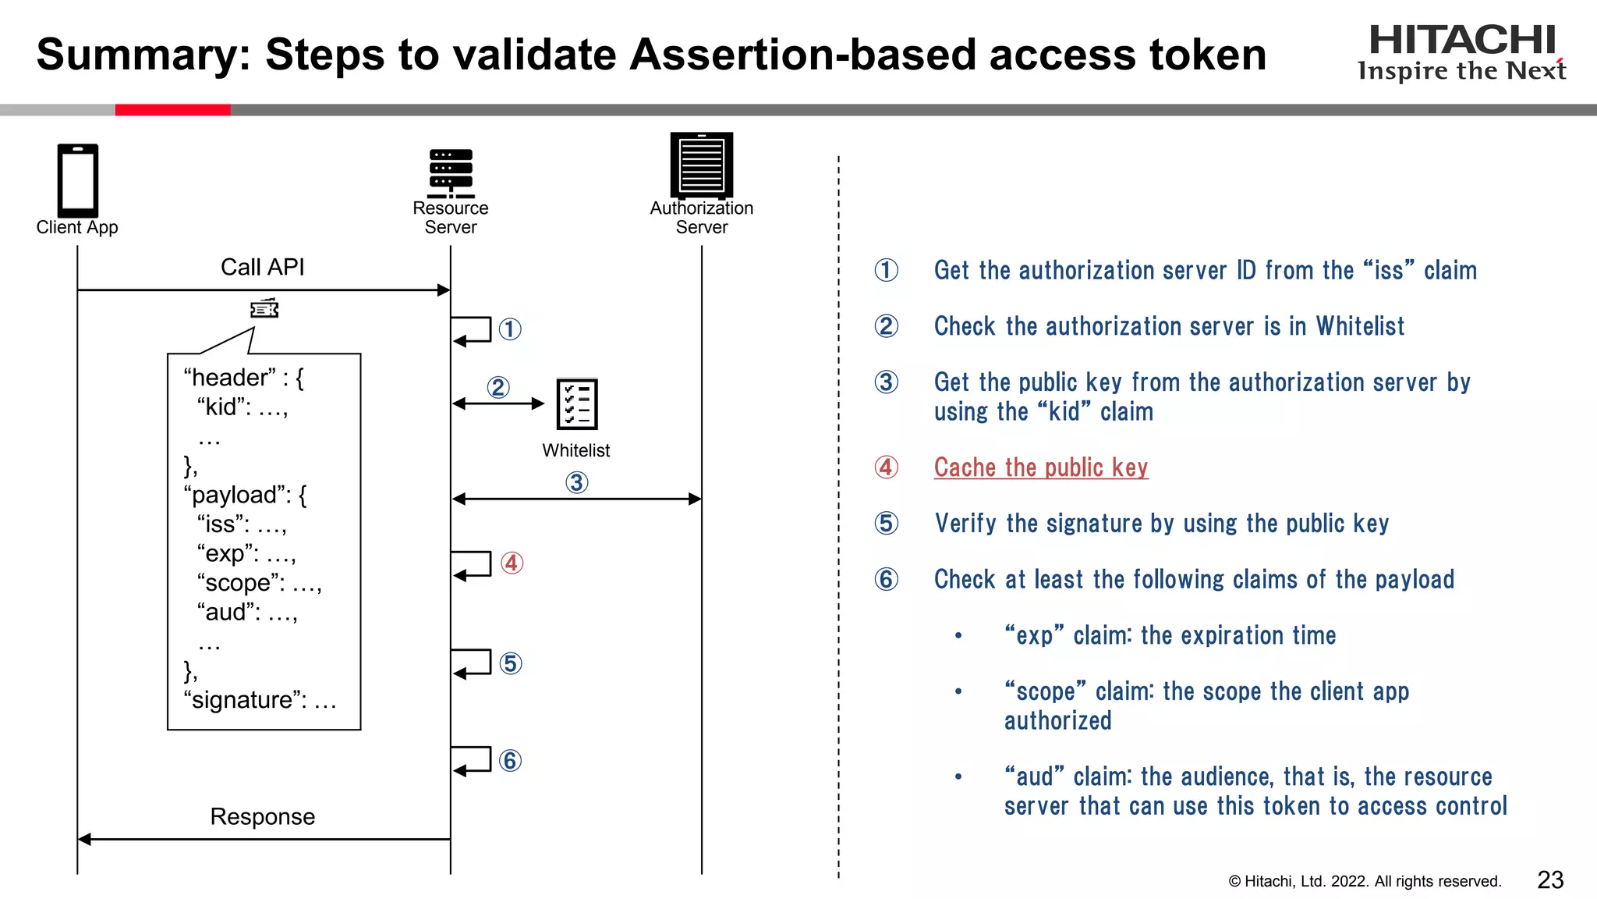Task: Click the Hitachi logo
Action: [x=1461, y=52]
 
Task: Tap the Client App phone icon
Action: [x=77, y=180]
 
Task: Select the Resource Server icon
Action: [x=451, y=173]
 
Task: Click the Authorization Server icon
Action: [x=701, y=165]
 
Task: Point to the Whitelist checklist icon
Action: [x=577, y=404]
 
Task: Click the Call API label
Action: [x=262, y=268]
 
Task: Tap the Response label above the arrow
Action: [x=262, y=817]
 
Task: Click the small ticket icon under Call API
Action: [x=264, y=309]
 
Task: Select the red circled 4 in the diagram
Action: [x=512, y=563]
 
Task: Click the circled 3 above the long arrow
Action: [x=576, y=482]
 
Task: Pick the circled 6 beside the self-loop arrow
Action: [x=510, y=760]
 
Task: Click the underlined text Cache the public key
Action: [x=1040, y=467]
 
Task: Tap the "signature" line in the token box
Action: [x=259, y=700]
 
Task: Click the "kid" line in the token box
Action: [x=242, y=407]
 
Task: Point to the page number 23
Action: [x=1549, y=880]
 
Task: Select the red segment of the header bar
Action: [x=172, y=110]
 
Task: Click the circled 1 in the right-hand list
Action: [x=886, y=270]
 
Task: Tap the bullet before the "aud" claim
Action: [x=958, y=777]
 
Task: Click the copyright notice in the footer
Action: [x=1364, y=882]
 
